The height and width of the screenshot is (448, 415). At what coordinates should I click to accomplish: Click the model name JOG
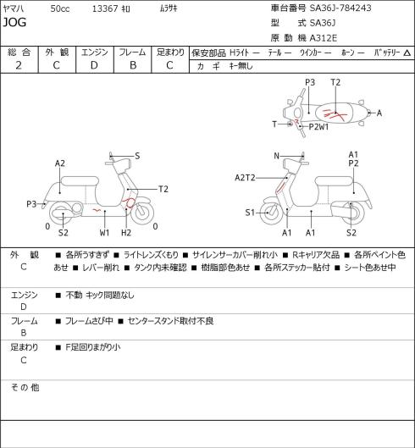(14, 22)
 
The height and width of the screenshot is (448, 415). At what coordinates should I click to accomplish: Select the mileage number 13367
(105, 8)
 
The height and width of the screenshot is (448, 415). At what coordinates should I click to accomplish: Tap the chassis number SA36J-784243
(340, 8)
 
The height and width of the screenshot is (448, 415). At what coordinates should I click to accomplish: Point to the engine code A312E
(324, 38)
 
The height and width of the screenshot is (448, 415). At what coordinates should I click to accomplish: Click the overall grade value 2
(19, 65)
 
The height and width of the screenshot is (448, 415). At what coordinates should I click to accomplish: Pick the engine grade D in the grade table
(94, 65)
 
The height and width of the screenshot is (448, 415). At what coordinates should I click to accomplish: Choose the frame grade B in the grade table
(133, 65)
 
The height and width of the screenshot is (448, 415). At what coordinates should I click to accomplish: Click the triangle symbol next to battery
(407, 53)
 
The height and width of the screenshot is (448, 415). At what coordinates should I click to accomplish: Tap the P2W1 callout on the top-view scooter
(318, 126)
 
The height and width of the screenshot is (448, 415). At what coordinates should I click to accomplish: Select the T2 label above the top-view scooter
(335, 82)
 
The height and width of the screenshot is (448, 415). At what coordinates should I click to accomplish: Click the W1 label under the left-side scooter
(105, 233)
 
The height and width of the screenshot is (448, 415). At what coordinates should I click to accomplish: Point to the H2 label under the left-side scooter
(126, 233)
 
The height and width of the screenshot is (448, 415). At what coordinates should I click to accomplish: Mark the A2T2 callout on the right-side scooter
(245, 178)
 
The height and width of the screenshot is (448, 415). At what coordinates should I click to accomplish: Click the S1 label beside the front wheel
(250, 213)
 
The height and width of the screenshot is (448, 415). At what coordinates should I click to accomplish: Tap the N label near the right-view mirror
(276, 156)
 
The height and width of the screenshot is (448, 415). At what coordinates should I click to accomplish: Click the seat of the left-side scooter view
(80, 181)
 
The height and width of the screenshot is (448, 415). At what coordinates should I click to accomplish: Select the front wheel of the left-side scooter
(142, 213)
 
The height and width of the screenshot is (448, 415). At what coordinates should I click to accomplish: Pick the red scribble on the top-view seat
(335, 114)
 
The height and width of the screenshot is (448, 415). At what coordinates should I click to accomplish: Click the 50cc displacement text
(60, 8)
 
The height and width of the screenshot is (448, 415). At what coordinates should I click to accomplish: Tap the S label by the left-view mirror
(137, 156)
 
